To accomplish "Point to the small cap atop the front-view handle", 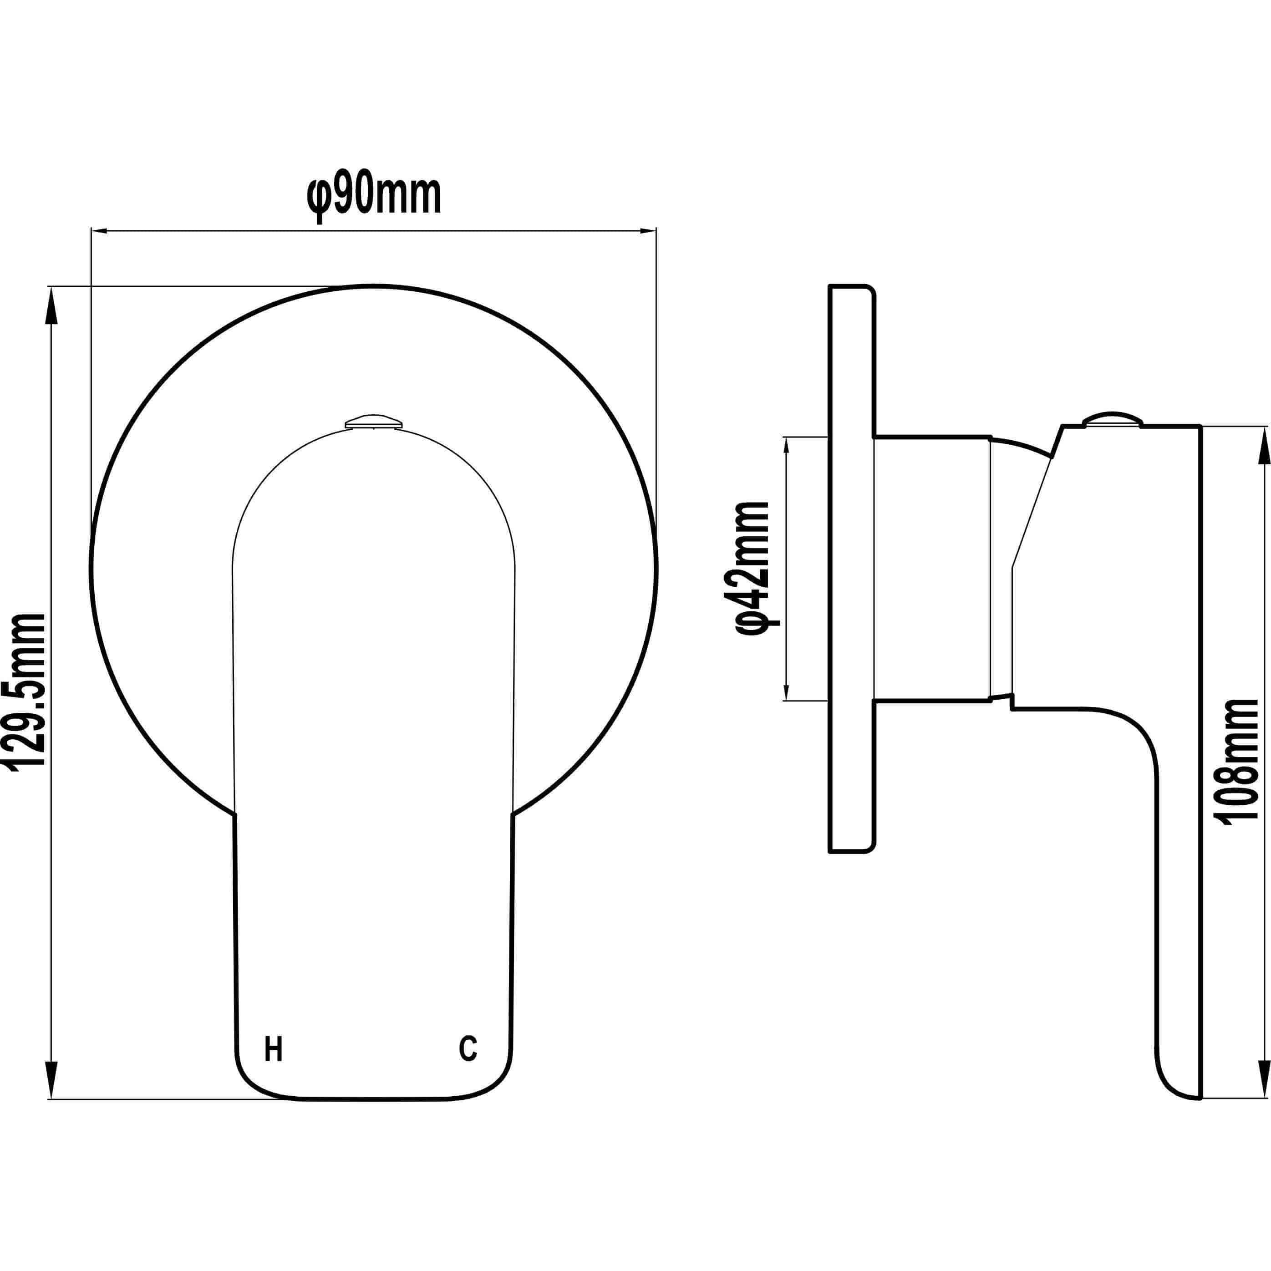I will point(374,421).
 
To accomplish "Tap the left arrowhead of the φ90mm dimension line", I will point(99,230).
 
